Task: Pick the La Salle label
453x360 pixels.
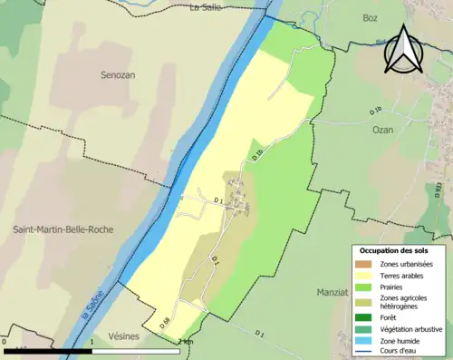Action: point(206,8)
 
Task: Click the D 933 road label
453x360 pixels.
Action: point(439,191)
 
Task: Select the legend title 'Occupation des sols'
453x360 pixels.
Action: point(394,249)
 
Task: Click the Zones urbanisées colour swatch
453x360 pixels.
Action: point(366,263)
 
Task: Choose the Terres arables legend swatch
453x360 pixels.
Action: point(366,275)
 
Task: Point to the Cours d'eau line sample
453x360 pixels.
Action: point(366,352)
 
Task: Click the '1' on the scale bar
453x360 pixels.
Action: point(92,342)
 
